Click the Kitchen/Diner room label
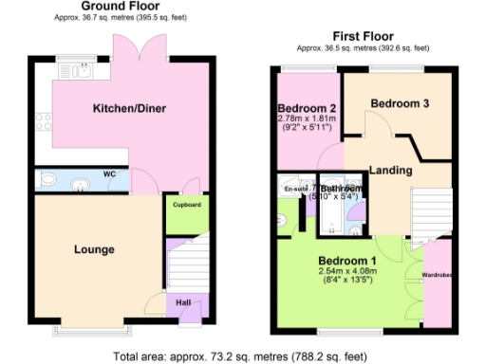pyautogui.click(x=129, y=109)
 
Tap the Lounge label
pyautogui.click(x=94, y=249)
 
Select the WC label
pyautogui.click(x=110, y=175)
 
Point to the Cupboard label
pyautogui.click(x=186, y=203)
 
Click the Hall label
pyautogui.click(x=184, y=303)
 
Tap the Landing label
pyautogui.click(x=390, y=171)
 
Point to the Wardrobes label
pyautogui.click(x=437, y=278)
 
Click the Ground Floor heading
pyautogui.click(x=119, y=6)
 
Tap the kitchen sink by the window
pyautogui.click(x=77, y=70)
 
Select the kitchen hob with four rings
pyautogui.click(x=43, y=121)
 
